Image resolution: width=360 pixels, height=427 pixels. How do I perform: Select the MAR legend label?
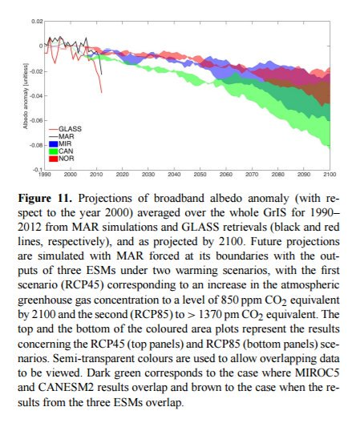(67, 136)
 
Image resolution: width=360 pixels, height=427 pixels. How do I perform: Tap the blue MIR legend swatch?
(54, 143)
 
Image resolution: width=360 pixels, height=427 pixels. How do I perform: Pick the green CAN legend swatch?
(54, 151)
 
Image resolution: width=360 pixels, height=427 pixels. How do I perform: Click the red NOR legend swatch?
(54, 159)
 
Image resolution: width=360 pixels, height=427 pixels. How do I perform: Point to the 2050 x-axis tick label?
(200, 175)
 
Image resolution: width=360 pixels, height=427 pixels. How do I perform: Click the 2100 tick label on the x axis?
(330, 175)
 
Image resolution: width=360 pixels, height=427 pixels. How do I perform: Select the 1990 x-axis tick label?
(45, 175)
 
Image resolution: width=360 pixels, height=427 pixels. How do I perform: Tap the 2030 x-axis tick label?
(148, 175)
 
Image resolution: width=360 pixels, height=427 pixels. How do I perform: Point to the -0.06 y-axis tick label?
(36, 120)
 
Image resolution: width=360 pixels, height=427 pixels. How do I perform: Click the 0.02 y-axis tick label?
(37, 22)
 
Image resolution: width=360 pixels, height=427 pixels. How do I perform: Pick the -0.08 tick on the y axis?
(36, 145)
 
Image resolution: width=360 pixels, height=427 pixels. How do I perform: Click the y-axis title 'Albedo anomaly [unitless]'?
(26, 96)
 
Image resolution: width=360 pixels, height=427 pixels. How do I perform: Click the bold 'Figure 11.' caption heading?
(45, 198)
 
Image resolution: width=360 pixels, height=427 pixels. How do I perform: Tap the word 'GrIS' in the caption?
(275, 212)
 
